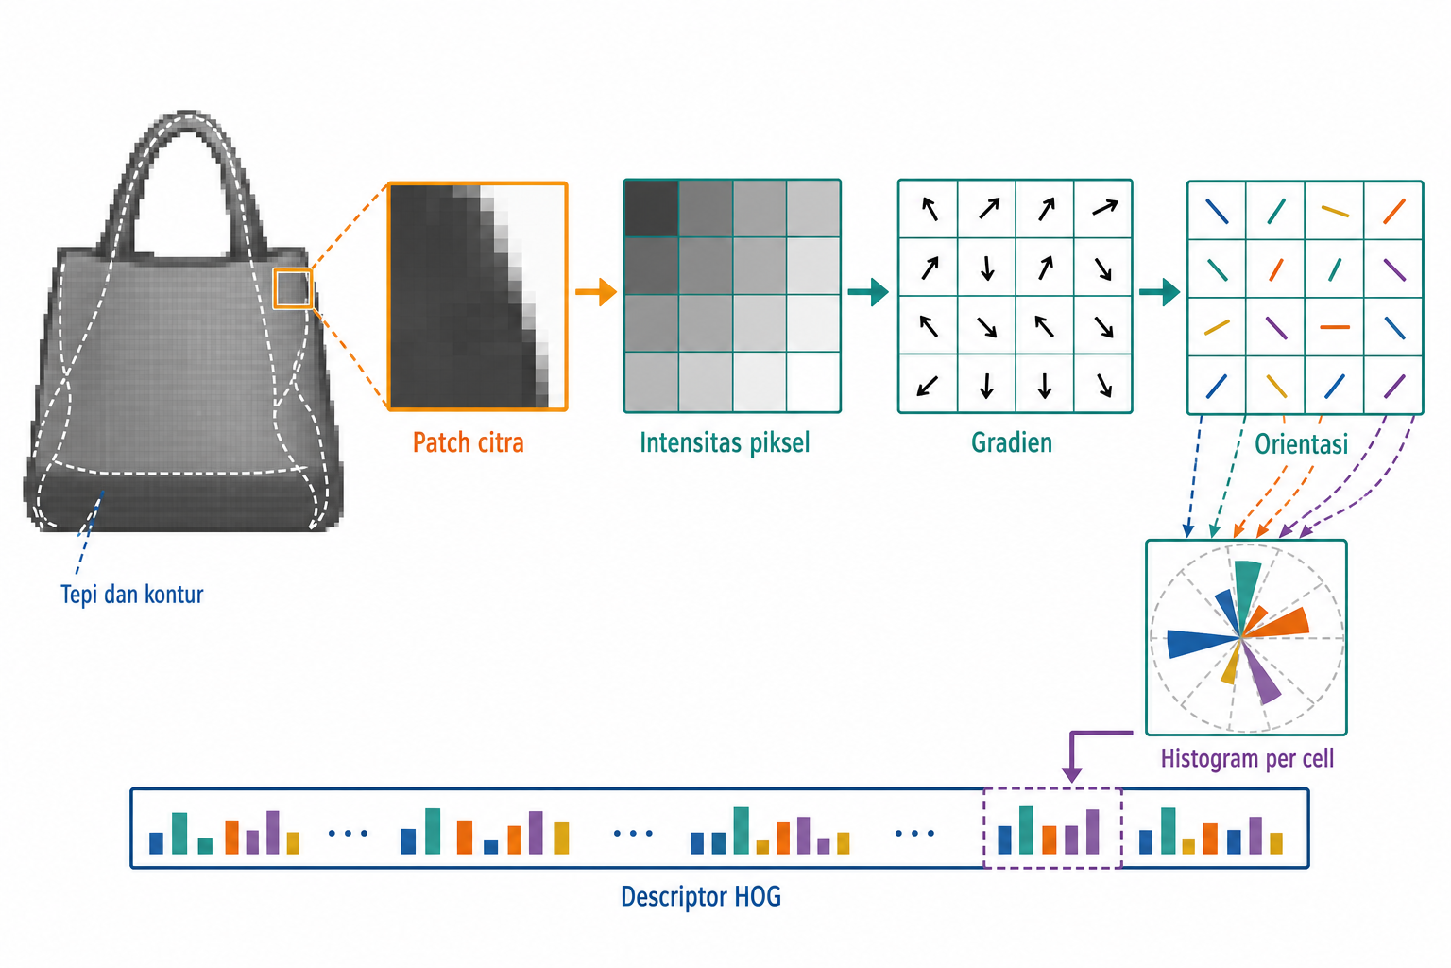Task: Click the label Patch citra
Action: pos(468,442)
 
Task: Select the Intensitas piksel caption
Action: pos(725,443)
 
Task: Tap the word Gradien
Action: pos(1011,442)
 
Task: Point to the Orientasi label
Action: pos(1301,444)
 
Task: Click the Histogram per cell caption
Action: pos(1247,758)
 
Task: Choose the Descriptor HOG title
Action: pos(701,897)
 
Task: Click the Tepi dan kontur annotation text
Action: pos(131,594)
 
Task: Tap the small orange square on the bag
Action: pos(293,288)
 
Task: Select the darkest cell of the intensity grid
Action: pos(651,208)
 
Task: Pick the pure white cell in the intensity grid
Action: pos(813,382)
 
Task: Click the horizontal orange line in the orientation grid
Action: pos(1335,327)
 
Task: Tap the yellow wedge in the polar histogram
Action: pos(1231,667)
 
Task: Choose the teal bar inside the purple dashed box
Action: pos(1026,830)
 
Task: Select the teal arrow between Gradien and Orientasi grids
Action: pos(1159,292)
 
